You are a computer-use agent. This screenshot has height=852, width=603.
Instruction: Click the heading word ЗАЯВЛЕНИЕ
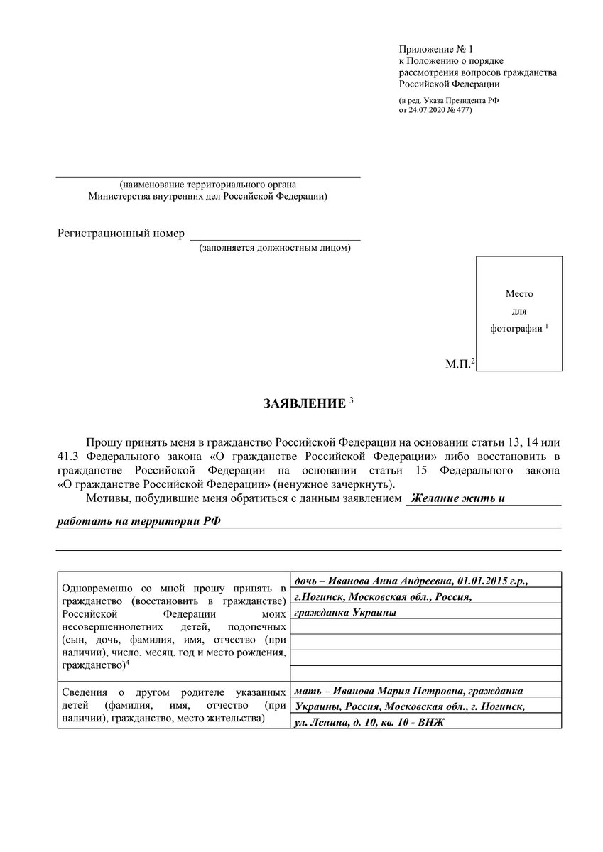click(x=305, y=404)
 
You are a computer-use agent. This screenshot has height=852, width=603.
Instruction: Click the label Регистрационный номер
click(x=121, y=234)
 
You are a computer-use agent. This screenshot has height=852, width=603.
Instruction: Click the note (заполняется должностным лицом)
click(x=275, y=248)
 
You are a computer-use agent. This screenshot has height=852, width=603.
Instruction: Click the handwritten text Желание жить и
click(x=459, y=498)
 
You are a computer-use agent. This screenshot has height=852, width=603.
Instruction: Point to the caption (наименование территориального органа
click(x=208, y=185)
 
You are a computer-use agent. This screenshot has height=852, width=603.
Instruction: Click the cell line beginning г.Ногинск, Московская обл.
click(x=383, y=596)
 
